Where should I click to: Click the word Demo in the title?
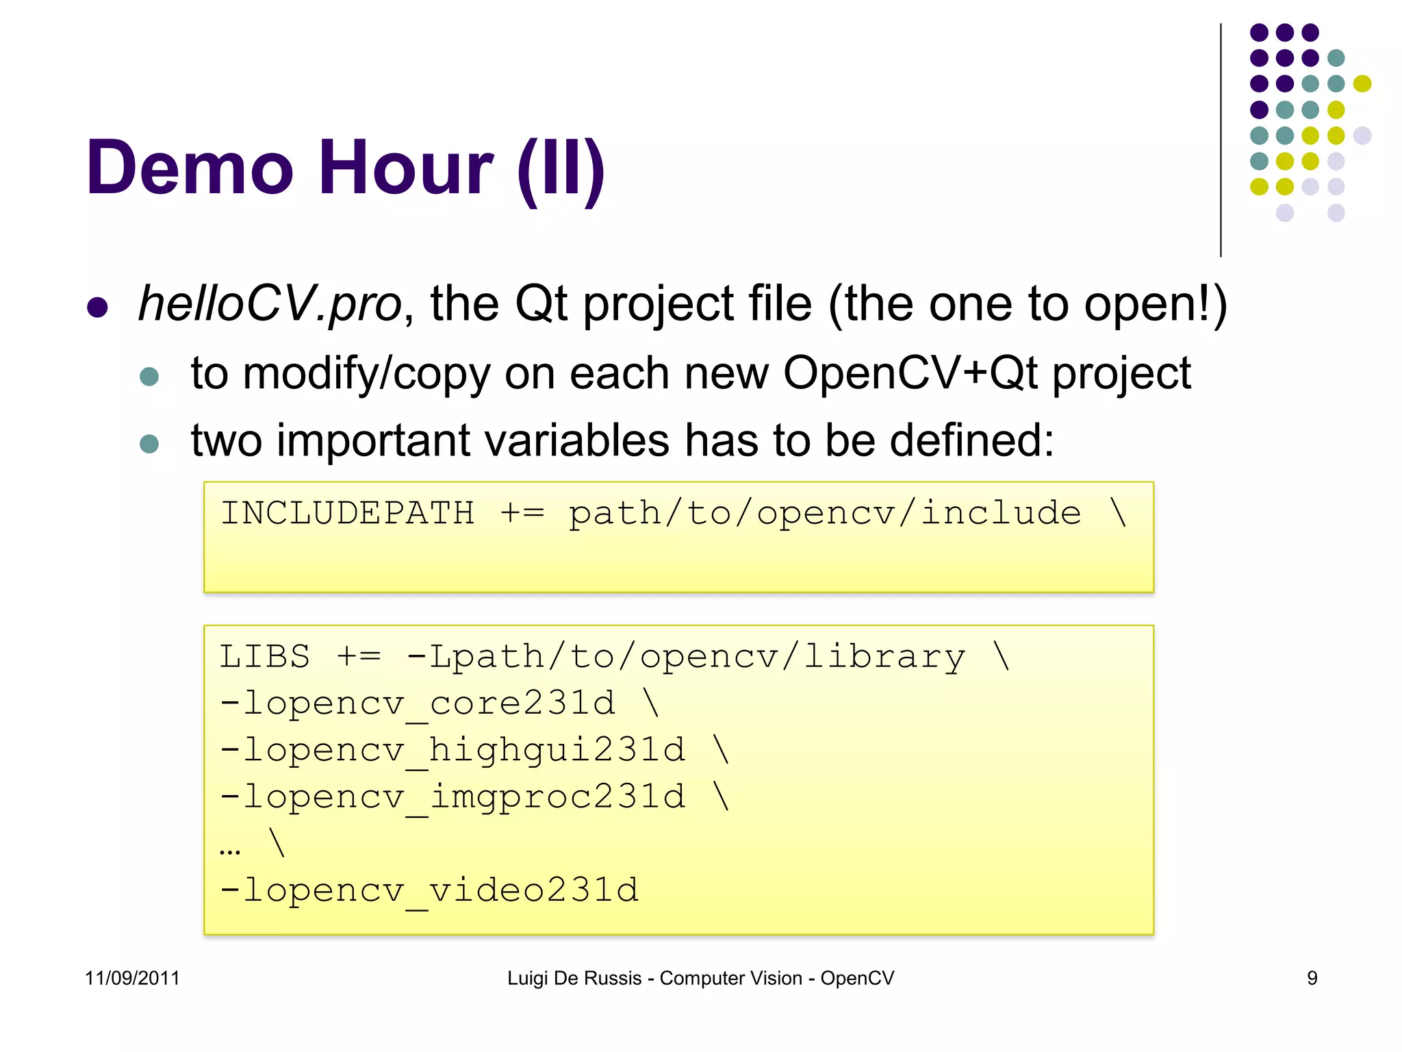190,168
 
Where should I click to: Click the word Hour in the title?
405,168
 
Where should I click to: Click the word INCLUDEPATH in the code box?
347,514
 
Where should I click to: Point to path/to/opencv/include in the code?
825,514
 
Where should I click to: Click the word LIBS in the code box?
265,657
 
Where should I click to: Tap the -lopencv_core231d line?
418,703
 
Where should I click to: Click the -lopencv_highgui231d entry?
453,750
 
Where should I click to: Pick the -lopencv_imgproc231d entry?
453,797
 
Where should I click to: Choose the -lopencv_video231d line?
429,890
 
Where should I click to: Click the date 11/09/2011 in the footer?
132,978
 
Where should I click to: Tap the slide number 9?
1312,978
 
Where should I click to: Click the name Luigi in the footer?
528,978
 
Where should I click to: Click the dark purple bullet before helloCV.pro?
98,308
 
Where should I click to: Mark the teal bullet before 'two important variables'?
149,444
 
